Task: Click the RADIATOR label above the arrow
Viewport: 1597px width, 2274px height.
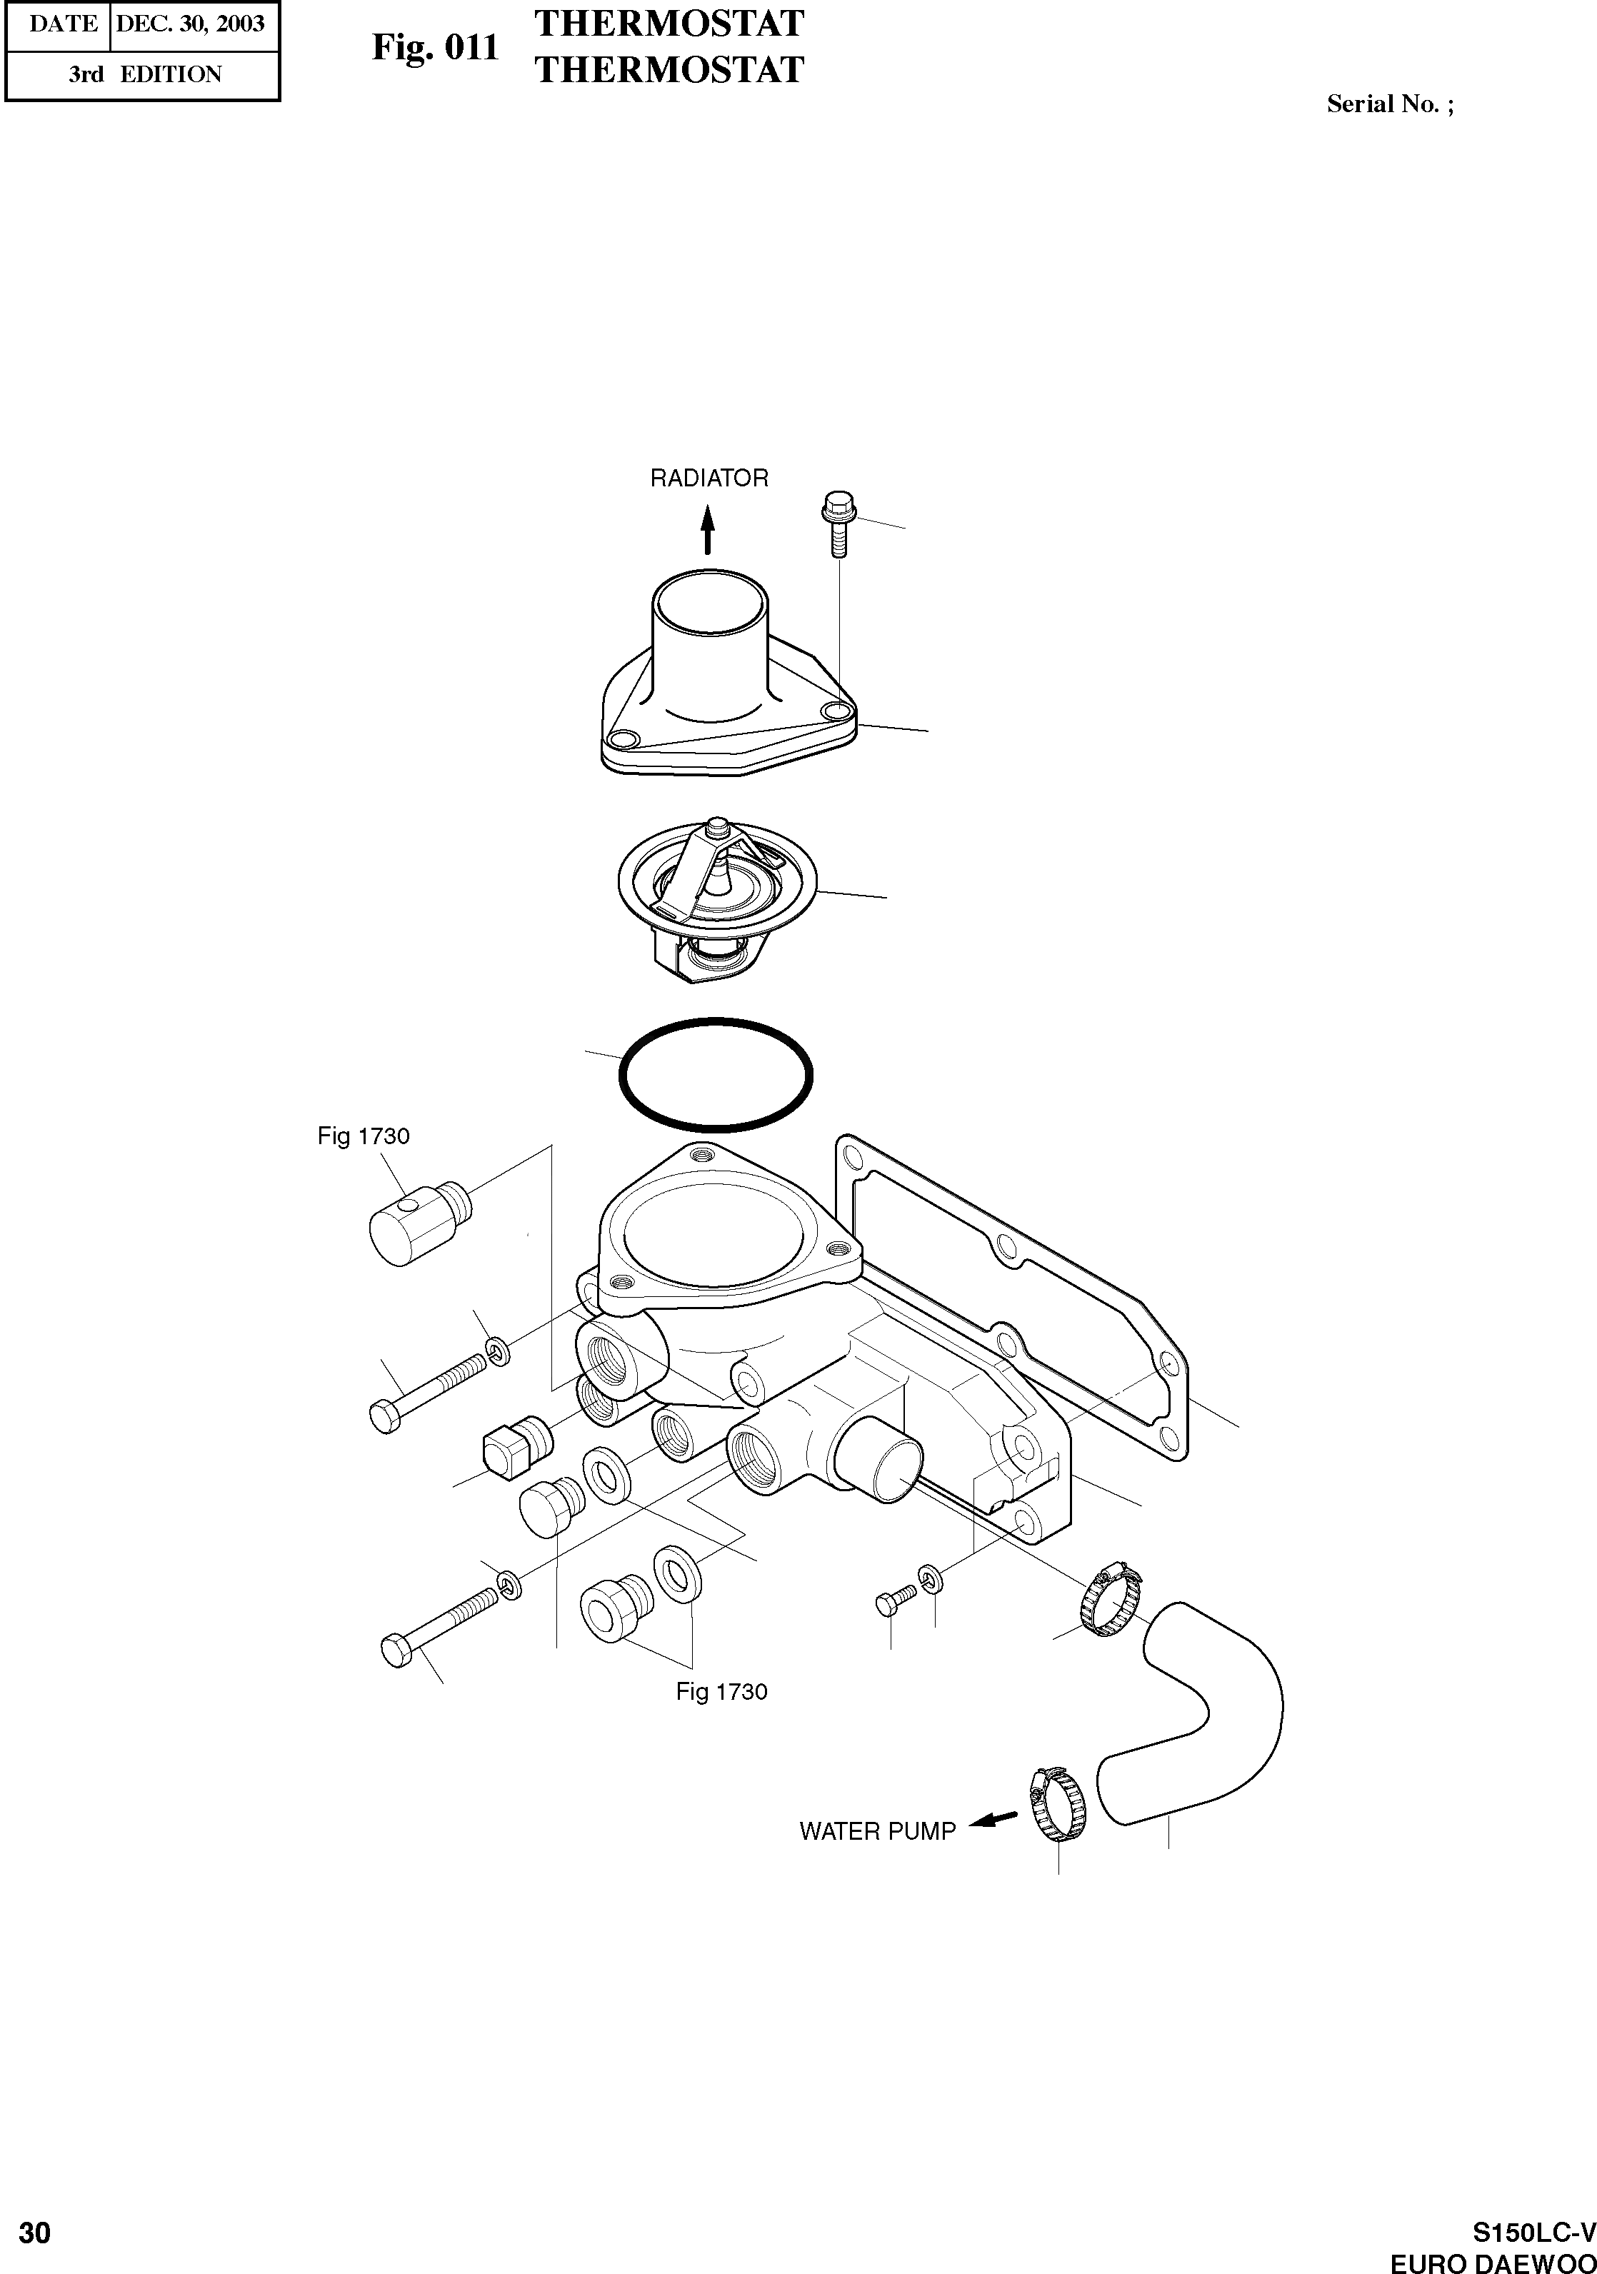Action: pyautogui.click(x=709, y=479)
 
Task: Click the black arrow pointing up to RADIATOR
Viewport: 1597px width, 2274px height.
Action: pyautogui.click(x=707, y=530)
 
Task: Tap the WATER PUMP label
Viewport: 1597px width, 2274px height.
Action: pyautogui.click(x=877, y=1831)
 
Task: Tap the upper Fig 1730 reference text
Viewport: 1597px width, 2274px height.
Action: pyautogui.click(x=364, y=1136)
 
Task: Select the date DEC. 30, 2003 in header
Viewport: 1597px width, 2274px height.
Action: pyautogui.click(x=190, y=23)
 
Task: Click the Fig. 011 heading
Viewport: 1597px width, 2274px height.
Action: pyautogui.click(x=435, y=46)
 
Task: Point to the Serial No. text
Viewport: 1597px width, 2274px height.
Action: pyautogui.click(x=1390, y=104)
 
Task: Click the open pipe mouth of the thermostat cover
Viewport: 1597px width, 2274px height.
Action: pyautogui.click(x=709, y=599)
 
